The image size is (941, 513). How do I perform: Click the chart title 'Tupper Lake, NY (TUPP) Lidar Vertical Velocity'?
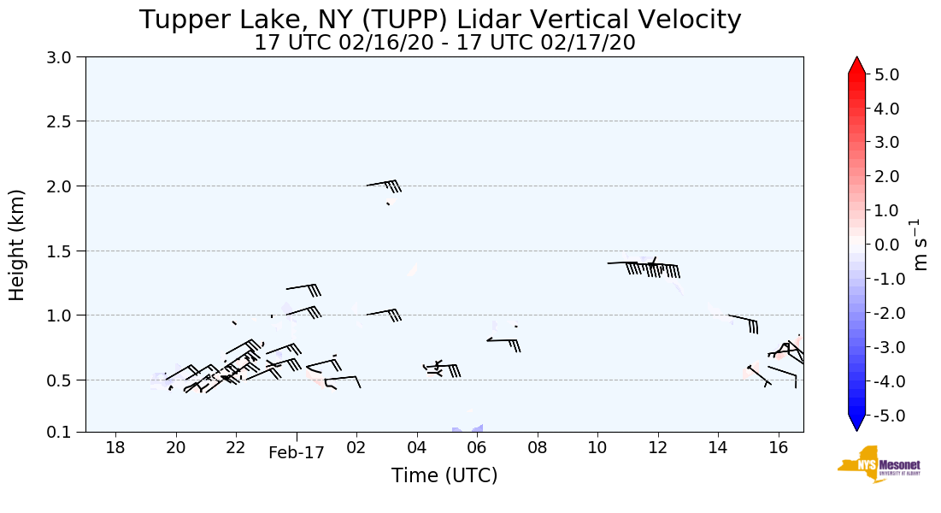click(x=440, y=20)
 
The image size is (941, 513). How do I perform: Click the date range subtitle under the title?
click(x=444, y=43)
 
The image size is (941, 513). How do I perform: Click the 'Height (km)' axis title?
click(x=18, y=245)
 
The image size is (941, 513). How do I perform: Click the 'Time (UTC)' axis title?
click(x=444, y=475)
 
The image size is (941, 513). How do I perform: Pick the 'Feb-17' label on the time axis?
click(x=297, y=453)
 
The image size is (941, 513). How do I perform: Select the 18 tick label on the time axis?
click(x=115, y=447)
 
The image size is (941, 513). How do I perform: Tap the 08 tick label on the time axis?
click(x=537, y=447)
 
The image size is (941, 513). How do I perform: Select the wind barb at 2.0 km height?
click(x=384, y=185)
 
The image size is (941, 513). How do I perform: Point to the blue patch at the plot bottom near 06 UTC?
click(x=468, y=428)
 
